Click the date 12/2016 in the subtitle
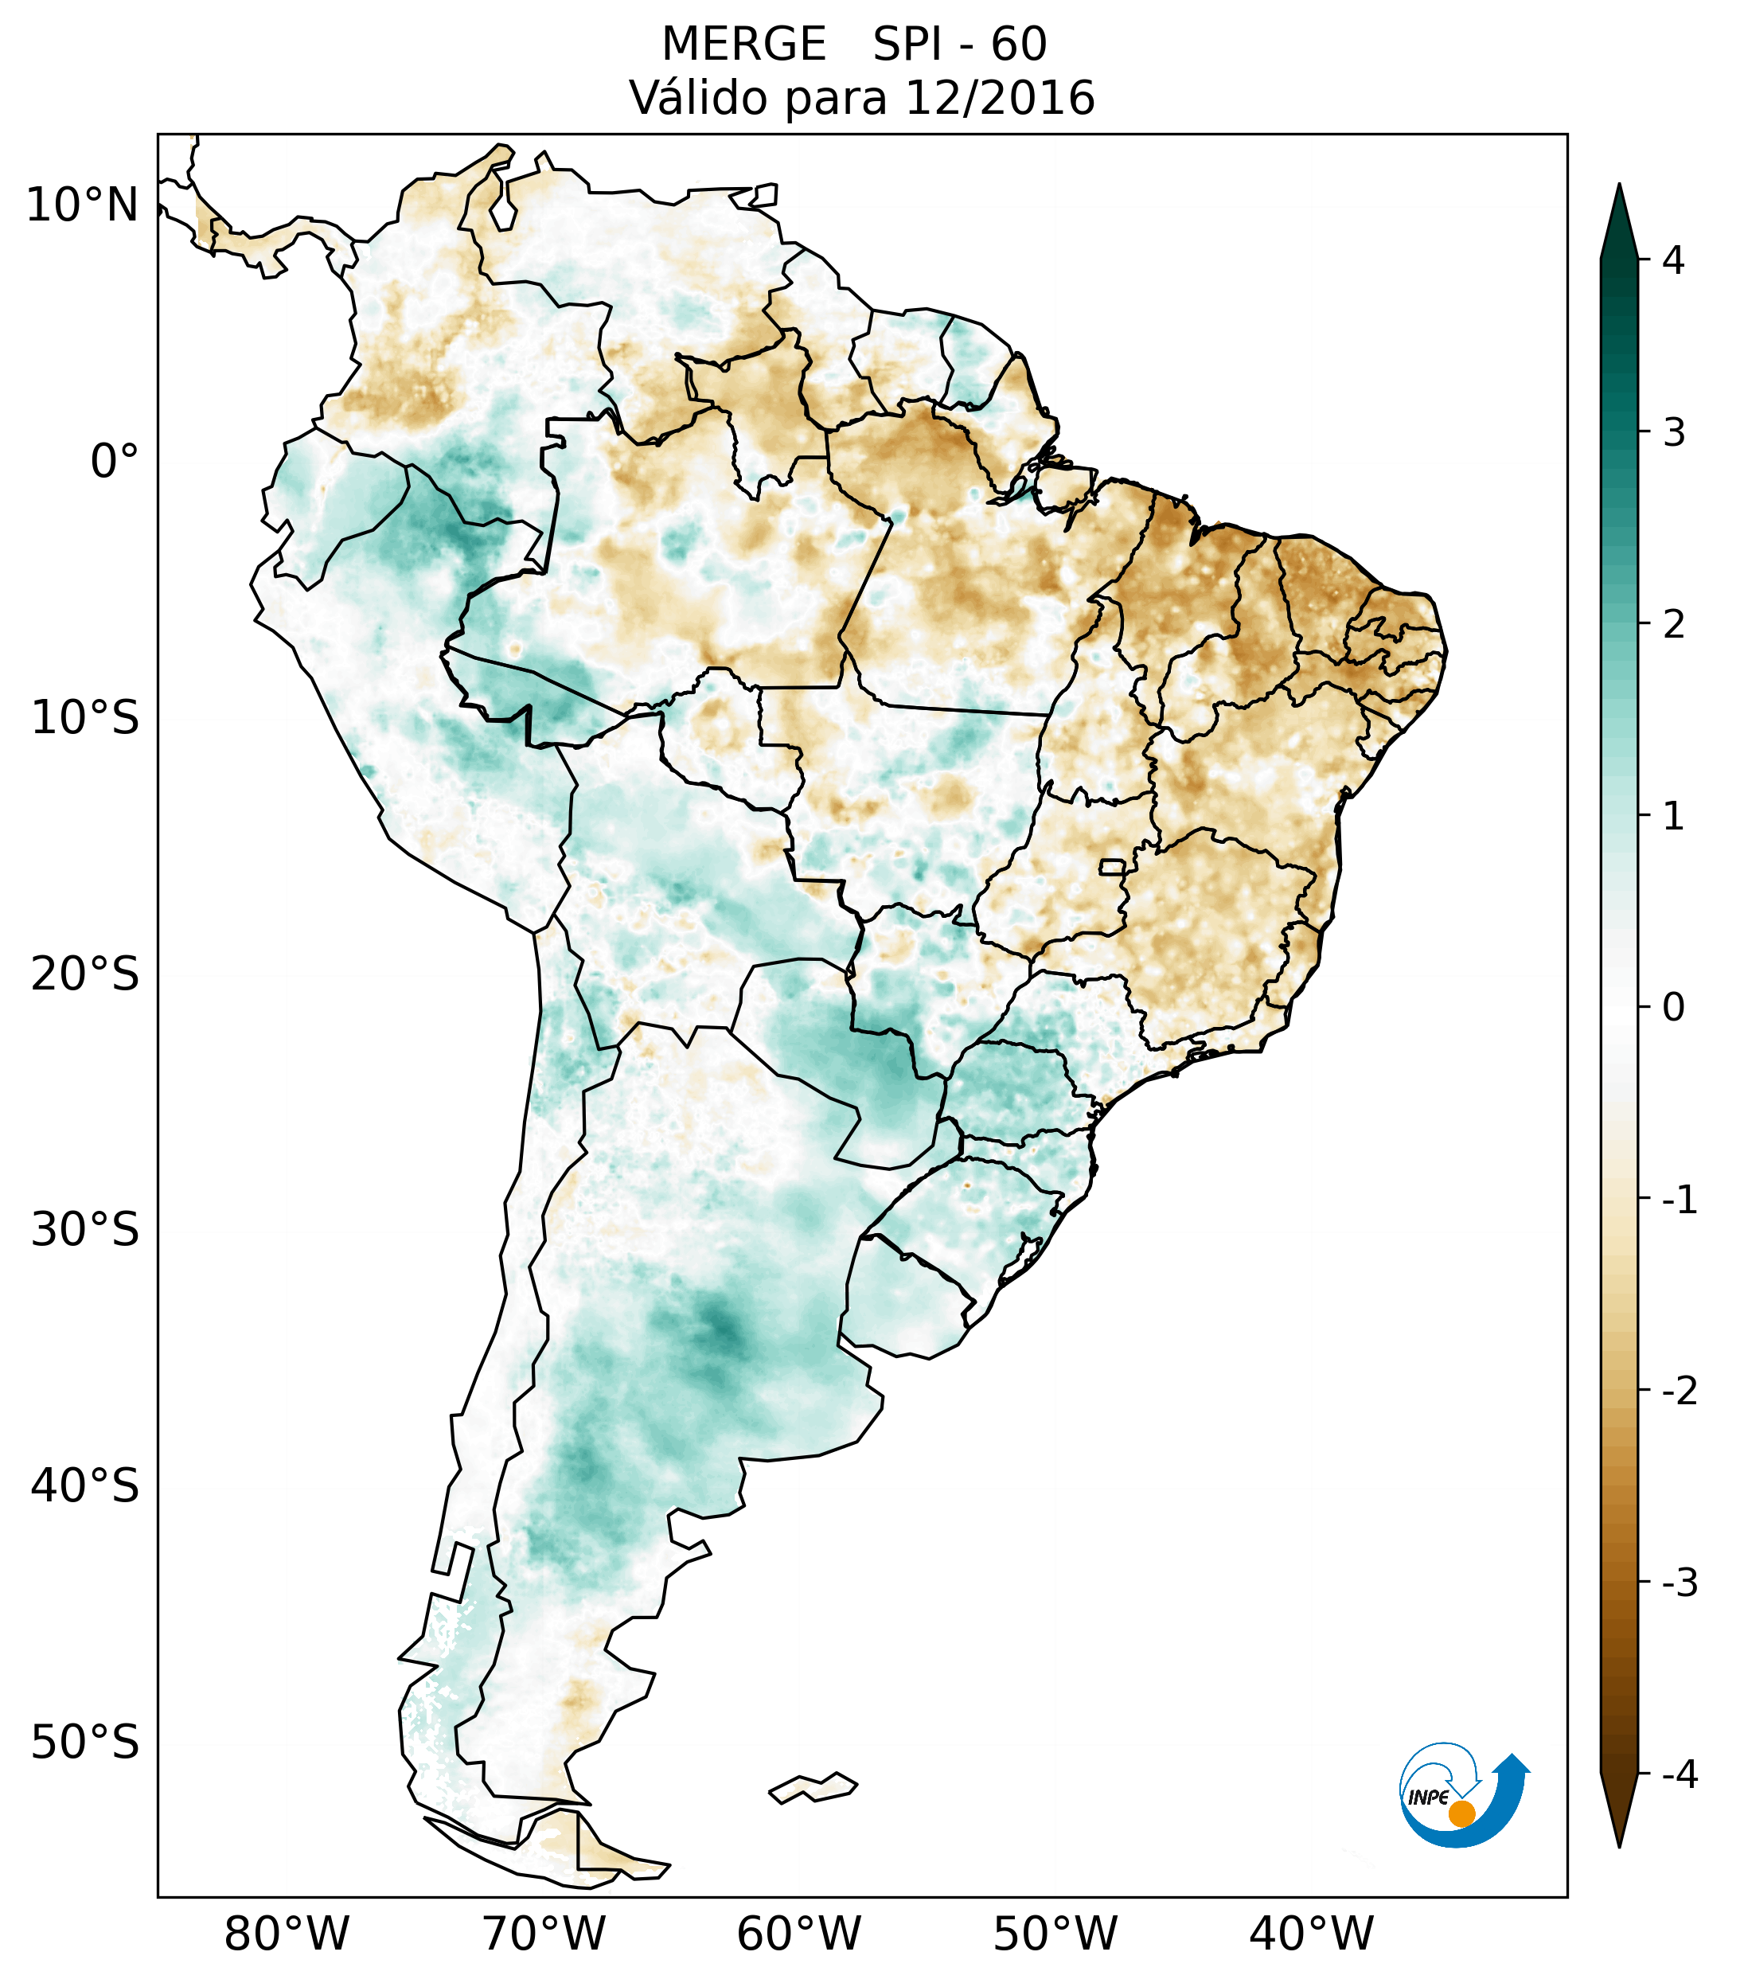coord(1000,98)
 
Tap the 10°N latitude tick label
coord(83,205)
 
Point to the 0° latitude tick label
coord(115,462)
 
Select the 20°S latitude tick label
coord(85,974)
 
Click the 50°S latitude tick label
coord(85,1743)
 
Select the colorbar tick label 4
coord(1673,260)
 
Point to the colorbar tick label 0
coord(1673,1007)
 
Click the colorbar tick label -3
coord(1679,1583)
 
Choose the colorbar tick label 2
coord(1673,625)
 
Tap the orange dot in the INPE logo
coord(1461,1813)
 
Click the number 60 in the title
coord(1019,45)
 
